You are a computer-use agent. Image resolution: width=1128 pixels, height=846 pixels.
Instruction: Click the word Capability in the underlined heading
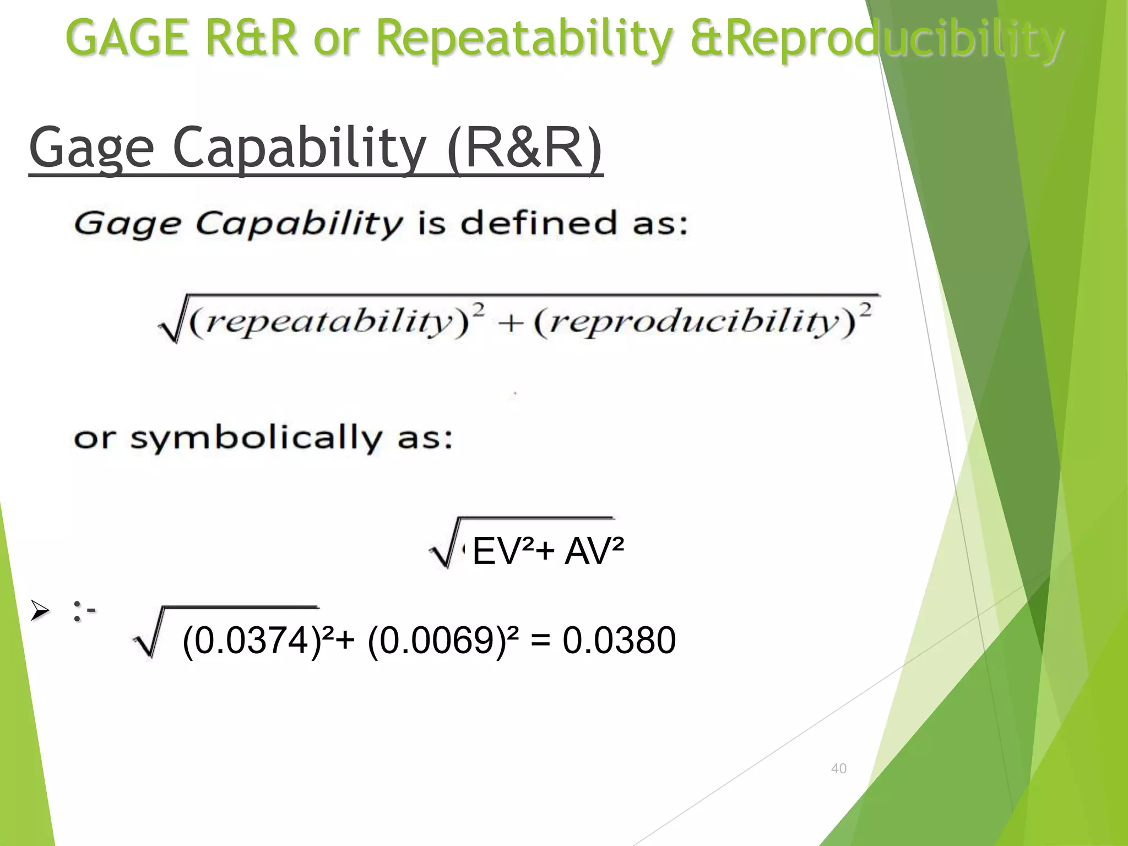[299, 148]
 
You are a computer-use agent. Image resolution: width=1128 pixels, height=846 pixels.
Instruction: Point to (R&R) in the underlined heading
[525, 148]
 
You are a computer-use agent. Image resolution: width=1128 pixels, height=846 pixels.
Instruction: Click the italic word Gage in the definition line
[127, 225]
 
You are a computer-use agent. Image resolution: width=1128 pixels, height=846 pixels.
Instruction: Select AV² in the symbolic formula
[594, 551]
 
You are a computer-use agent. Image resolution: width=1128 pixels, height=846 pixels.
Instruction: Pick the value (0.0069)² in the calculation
[443, 641]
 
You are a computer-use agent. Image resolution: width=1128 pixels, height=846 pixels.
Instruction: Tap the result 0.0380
[619, 641]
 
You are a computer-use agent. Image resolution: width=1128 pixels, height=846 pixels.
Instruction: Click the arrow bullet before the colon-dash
[40, 611]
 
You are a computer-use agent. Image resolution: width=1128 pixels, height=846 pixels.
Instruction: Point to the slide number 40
[838, 768]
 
